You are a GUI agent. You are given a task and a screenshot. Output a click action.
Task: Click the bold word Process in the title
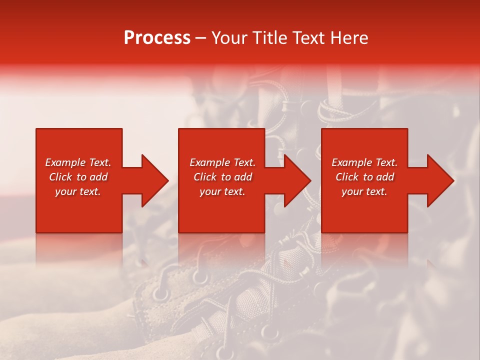157,38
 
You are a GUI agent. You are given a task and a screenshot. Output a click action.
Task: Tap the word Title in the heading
270,38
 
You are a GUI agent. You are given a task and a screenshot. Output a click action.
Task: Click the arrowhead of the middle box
297,180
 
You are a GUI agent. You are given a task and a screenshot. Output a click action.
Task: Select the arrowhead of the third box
440,180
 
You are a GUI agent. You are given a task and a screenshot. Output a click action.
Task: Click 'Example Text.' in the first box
78,162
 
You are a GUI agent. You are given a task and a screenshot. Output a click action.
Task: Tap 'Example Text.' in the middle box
222,162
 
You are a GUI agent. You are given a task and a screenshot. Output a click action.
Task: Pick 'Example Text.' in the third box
364,162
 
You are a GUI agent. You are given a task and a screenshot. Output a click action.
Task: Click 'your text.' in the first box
78,191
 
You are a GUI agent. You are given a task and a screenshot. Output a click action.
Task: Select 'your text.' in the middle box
222,191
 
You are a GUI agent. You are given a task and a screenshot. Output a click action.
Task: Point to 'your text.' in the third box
364,191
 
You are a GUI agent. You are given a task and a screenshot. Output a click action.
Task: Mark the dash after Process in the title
200,38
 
